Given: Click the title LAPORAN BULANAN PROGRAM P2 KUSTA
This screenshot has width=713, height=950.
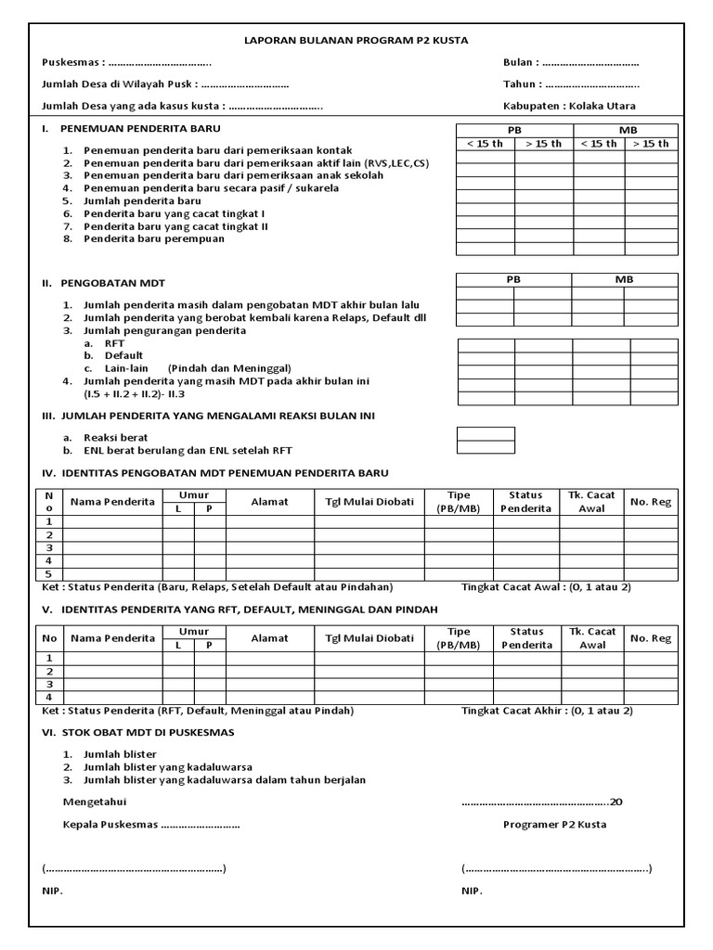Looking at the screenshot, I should [357, 41].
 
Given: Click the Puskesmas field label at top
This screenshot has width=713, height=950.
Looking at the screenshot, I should [73, 63].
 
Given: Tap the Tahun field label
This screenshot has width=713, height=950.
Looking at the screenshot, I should [521, 84].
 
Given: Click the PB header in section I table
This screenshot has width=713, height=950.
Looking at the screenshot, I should [513, 130].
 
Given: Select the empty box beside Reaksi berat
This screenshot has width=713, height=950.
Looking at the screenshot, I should [486, 433].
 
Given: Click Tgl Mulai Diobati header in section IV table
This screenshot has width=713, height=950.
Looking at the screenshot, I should [369, 502].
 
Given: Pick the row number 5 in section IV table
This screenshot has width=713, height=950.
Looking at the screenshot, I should [48, 574].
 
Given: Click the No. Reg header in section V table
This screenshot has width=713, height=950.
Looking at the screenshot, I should [650, 638].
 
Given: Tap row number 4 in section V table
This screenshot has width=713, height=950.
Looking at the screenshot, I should [48, 698].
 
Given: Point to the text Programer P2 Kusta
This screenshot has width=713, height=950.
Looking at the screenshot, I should [554, 825].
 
